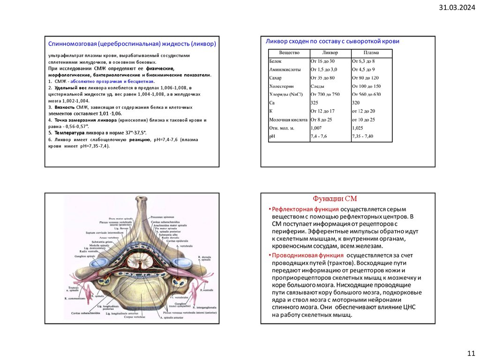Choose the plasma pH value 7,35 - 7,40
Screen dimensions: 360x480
(x=362, y=136)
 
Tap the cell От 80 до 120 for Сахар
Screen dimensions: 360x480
(x=365, y=78)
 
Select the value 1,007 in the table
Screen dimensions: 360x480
(x=316, y=127)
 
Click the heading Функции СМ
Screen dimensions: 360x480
(x=335, y=199)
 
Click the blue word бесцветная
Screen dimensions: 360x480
(x=140, y=81)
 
